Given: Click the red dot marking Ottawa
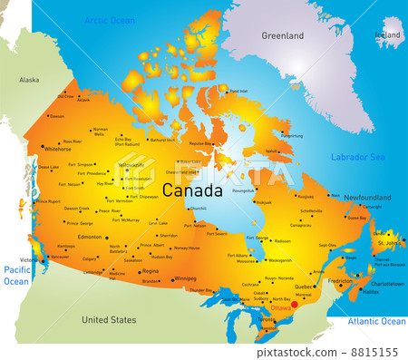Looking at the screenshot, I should coord(294,306).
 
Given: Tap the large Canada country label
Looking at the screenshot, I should coord(191,190).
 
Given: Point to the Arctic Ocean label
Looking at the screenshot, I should coord(109,19).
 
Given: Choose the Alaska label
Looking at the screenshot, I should coord(29,80).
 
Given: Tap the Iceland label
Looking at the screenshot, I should coord(387,34).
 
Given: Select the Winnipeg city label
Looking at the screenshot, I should coord(185,278).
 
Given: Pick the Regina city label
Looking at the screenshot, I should coord(151,271).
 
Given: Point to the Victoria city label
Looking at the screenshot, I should coord(31,259).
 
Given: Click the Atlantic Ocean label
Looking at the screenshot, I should coord(379,321).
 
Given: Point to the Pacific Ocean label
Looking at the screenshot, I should coord(16,276).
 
